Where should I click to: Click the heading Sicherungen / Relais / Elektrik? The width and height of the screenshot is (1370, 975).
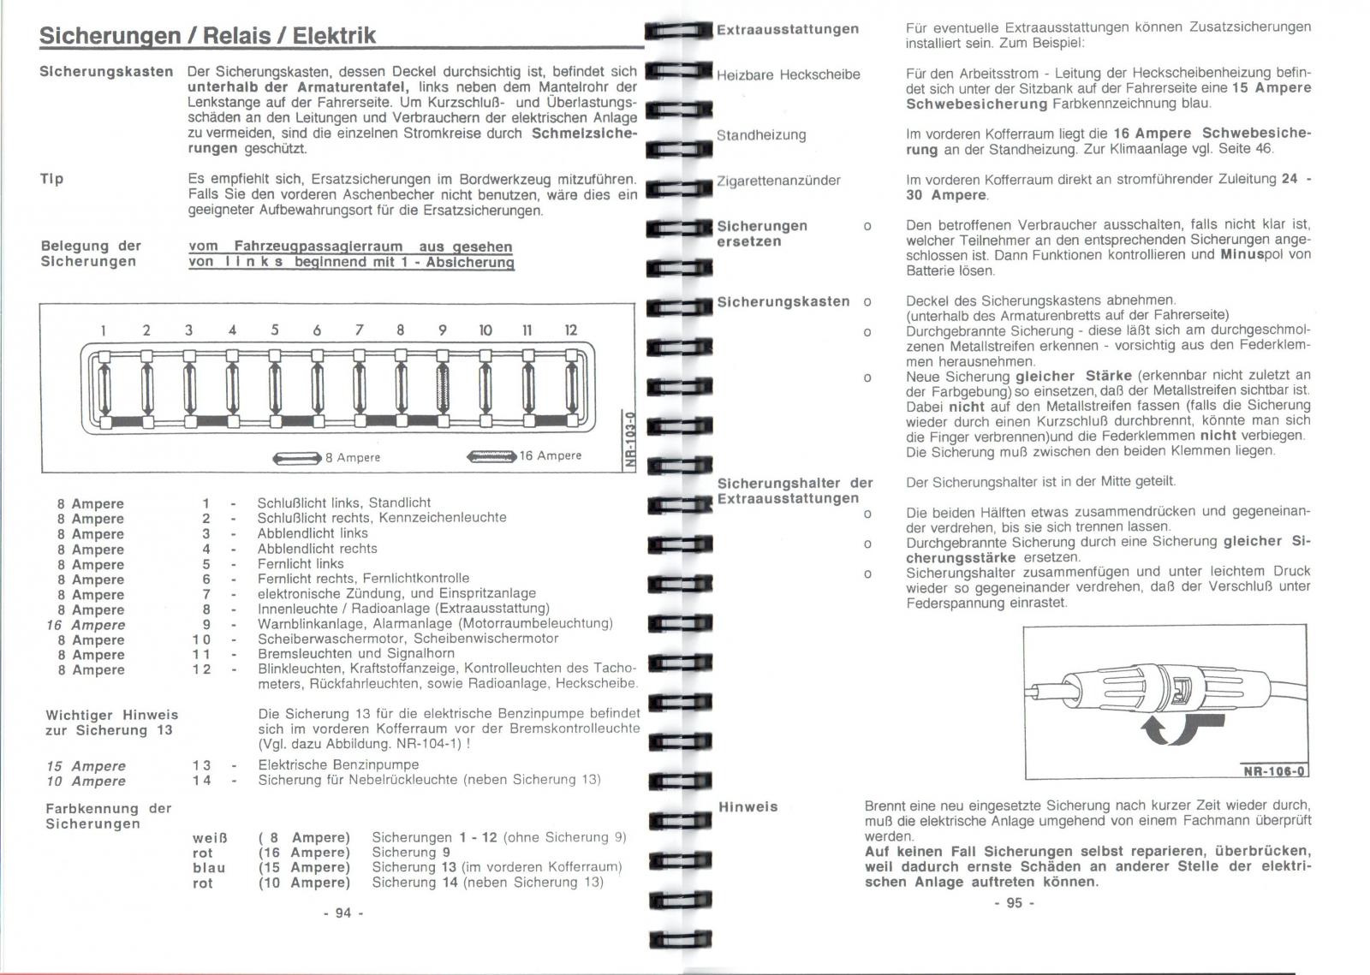pos(208,35)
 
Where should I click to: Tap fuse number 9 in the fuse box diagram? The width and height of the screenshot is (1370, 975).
pos(443,387)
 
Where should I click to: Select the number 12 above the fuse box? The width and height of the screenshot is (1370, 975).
pos(570,330)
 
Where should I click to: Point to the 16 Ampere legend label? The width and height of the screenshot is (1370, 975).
pos(551,455)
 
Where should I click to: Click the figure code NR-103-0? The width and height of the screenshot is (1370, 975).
pos(629,441)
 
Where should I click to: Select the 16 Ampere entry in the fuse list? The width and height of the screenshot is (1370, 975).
pos(86,625)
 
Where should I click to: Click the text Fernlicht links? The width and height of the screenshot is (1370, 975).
pos(301,564)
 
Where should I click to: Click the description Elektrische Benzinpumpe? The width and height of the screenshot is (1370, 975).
pos(338,764)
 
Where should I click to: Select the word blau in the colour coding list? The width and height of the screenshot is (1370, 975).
pos(209,867)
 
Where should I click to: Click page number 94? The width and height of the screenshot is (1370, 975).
pos(343,913)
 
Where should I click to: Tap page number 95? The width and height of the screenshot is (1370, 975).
pos(1015,902)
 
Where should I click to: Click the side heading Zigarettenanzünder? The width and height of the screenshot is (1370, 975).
pos(778,181)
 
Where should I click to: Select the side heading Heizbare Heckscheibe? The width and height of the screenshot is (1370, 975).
pos(788,74)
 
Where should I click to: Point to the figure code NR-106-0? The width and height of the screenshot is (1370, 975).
pos(1274,771)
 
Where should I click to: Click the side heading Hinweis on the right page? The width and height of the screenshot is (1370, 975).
pos(748,806)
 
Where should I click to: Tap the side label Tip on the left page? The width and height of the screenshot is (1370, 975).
pos(51,179)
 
